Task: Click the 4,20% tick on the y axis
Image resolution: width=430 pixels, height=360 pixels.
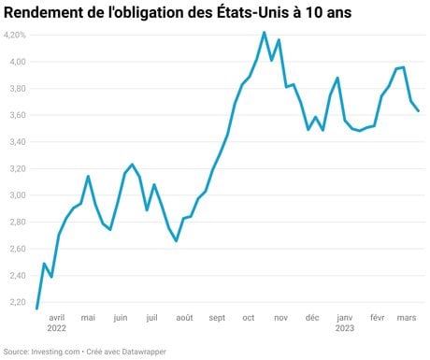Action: [15, 35]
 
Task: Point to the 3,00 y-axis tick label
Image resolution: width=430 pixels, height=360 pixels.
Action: [18, 195]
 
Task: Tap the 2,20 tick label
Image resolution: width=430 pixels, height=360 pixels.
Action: [18, 302]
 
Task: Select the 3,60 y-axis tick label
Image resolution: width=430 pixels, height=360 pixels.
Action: [18, 115]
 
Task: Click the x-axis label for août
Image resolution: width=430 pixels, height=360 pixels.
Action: [184, 318]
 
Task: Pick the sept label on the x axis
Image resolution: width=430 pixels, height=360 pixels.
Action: [217, 318]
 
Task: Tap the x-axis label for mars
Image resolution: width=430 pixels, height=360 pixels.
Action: [407, 318]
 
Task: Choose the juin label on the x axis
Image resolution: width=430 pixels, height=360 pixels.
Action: [121, 318]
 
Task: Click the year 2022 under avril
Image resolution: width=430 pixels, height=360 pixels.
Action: [57, 328]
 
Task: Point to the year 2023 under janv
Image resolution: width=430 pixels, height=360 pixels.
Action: [345, 328]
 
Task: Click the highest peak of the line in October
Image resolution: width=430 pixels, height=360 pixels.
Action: [264, 32]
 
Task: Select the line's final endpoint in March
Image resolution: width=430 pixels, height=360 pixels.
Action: [418, 111]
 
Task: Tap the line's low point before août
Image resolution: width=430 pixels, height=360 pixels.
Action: [177, 241]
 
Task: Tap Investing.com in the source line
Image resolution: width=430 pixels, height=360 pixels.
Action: [55, 352]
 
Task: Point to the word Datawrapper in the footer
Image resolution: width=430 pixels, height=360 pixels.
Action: [144, 352]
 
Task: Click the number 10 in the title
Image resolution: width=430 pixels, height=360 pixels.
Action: [315, 13]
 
